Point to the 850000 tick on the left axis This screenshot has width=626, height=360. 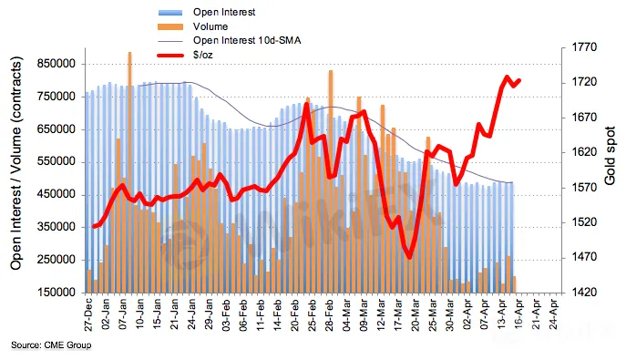pyautogui.click(x=56, y=64)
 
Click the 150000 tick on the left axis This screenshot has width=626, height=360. pyautogui.click(x=56, y=293)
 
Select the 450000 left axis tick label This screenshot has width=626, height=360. pyautogui.click(x=56, y=194)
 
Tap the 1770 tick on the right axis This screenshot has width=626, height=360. pyautogui.click(x=584, y=47)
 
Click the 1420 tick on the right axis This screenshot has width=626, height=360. pyautogui.click(x=584, y=293)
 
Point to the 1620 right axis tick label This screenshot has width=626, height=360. pyautogui.click(x=584, y=152)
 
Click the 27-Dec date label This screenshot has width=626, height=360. pyautogui.click(x=88, y=314)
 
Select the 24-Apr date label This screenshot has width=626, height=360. pyautogui.click(x=554, y=314)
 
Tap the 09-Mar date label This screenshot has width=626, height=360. pyautogui.click(x=364, y=314)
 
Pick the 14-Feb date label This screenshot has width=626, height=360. pyautogui.click(x=278, y=314)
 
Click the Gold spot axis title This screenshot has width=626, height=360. pyautogui.click(x=610, y=156)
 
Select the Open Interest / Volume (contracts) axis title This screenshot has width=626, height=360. pyautogui.click(x=16, y=164)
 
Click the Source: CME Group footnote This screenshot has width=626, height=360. pyautogui.click(x=51, y=345)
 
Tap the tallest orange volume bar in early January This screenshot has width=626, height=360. pyautogui.click(x=129, y=172)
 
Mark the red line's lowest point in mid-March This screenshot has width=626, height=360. pyautogui.click(x=410, y=257)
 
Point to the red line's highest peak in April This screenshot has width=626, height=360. pyautogui.click(x=507, y=77)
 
